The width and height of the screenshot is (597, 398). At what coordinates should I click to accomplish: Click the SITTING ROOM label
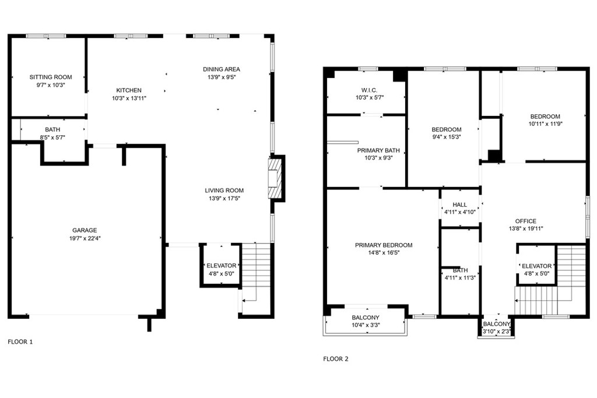point(51,77)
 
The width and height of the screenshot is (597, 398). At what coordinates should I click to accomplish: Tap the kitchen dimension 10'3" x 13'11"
point(129,98)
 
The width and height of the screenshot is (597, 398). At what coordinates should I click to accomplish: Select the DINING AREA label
point(221,69)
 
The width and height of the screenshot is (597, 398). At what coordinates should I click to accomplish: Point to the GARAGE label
point(85,230)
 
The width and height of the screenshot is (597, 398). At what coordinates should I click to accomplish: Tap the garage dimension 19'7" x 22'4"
point(85,238)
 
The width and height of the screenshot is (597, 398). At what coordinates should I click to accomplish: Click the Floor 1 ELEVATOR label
point(222,266)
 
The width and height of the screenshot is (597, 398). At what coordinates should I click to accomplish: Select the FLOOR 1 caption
point(20,341)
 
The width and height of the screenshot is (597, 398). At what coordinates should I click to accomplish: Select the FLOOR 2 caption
point(336,359)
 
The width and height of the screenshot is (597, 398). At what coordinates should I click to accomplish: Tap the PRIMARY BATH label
point(378,150)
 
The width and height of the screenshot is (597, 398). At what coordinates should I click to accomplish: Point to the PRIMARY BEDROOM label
point(383,245)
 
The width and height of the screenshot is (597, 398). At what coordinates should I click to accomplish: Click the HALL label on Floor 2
point(460,205)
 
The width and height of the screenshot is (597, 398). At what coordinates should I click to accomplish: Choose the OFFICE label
point(525,221)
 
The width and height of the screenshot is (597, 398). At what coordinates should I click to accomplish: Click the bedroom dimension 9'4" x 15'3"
point(447,138)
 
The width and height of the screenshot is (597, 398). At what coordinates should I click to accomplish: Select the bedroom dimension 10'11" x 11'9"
point(545,124)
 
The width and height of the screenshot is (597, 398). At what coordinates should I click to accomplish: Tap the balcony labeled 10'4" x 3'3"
point(366,322)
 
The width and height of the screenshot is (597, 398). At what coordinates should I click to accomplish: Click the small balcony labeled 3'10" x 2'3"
point(497,328)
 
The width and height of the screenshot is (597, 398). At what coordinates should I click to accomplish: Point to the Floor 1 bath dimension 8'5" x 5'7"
point(52,138)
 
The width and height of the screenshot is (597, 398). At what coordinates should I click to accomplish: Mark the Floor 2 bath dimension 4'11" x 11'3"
point(460,277)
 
